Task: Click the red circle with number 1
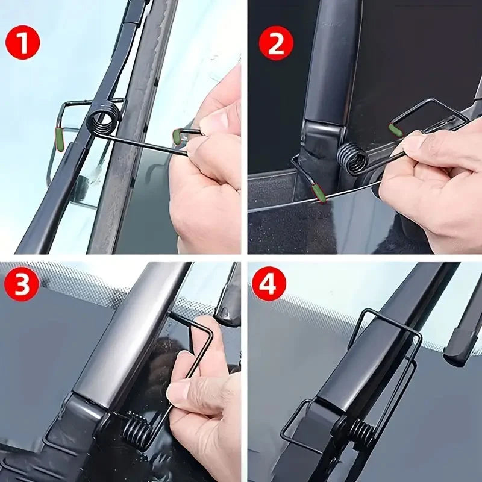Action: [22, 43]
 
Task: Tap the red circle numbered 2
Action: [277, 43]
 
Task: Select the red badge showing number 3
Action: [22, 284]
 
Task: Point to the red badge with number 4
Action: [269, 284]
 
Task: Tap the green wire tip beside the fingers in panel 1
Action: [177, 136]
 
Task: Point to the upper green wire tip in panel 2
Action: [396, 130]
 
